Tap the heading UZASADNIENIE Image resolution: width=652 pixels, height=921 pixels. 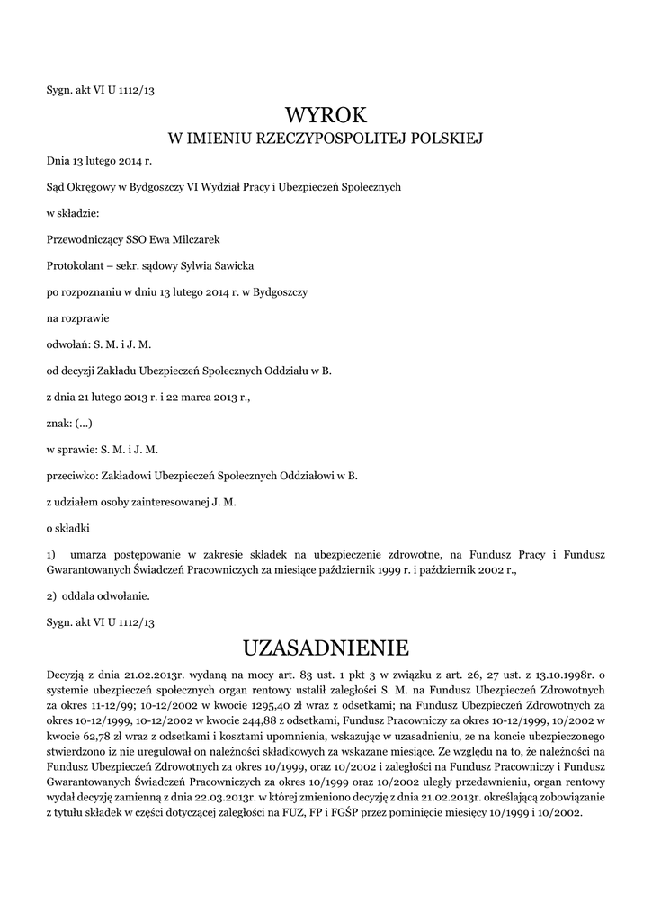[x=326, y=648]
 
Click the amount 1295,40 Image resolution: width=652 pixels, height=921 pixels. [x=266, y=707]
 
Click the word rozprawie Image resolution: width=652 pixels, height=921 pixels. [x=85, y=318]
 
